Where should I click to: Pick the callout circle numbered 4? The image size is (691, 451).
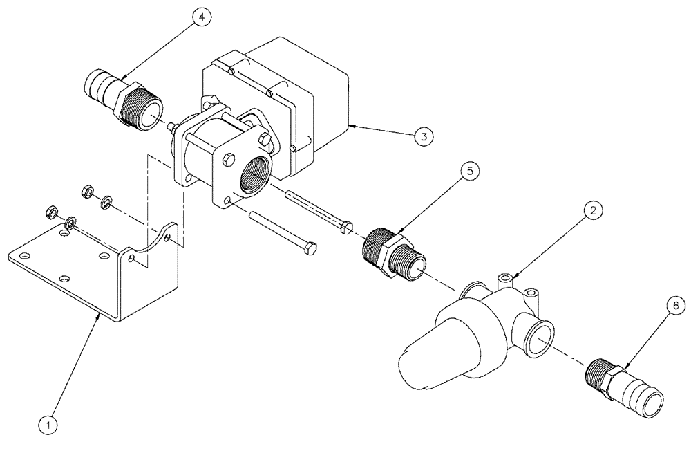click(x=200, y=18)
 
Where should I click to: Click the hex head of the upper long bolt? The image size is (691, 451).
click(x=347, y=226)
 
